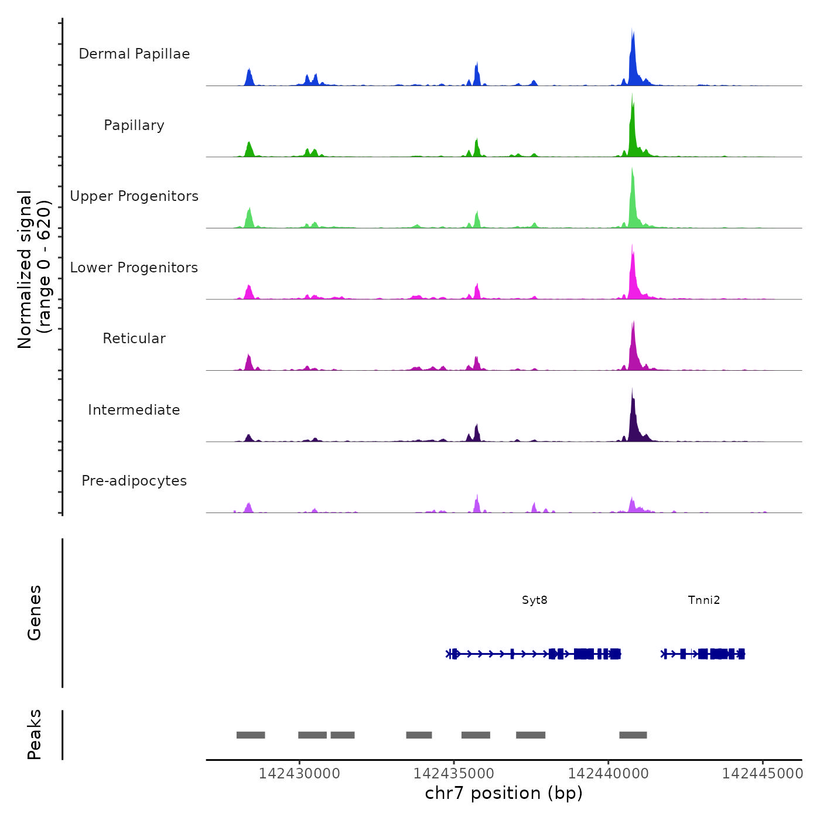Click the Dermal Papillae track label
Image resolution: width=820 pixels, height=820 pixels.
[x=134, y=54]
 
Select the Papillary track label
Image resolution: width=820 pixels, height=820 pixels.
[x=134, y=125]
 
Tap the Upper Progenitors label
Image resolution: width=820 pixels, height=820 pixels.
[x=134, y=196]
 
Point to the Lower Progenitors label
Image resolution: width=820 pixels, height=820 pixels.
[x=134, y=268]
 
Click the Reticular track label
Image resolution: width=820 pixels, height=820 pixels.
[x=134, y=339]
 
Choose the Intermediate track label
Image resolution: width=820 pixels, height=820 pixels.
[x=134, y=410]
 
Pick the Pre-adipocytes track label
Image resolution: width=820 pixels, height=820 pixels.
[x=134, y=481]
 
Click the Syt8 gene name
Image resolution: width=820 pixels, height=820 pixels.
[x=534, y=600]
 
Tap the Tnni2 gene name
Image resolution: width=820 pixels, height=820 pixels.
[x=703, y=600]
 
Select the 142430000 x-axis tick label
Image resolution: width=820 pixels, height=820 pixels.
[x=299, y=773]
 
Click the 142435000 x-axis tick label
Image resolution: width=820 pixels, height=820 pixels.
[x=454, y=773]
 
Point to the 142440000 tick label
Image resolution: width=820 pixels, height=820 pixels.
[x=609, y=773]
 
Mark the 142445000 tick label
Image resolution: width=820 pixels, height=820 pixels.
[x=763, y=773]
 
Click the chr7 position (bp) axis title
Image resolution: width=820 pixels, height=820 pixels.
[x=504, y=793]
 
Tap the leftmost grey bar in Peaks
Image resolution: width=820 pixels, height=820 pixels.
[x=251, y=735]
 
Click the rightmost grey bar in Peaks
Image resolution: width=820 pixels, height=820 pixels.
[x=633, y=735]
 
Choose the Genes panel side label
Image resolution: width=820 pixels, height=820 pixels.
[x=34, y=613]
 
